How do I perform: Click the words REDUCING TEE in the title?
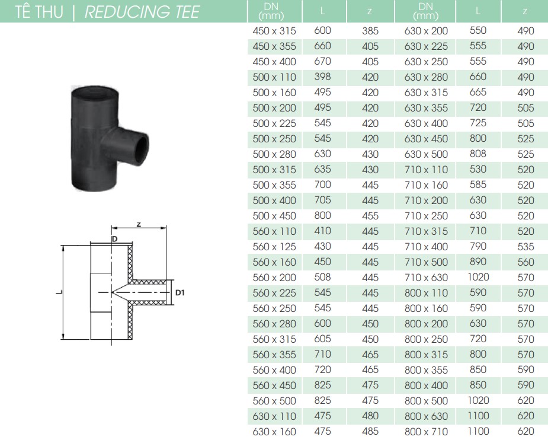[142, 11]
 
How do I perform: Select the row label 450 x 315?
[274, 31]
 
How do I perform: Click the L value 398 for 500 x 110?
[322, 77]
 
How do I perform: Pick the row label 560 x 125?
[274, 247]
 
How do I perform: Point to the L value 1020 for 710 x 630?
[478, 277]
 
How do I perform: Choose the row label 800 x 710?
[426, 432]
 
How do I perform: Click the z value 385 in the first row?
[370, 31]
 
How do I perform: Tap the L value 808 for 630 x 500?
[478, 154]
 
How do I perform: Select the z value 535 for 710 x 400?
[525, 247]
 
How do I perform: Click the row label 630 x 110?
[274, 416]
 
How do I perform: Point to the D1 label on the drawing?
[180, 292]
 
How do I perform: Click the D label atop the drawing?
[114, 239]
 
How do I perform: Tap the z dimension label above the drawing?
[139, 224]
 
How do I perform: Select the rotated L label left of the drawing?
[59, 292]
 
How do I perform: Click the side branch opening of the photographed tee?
[142, 144]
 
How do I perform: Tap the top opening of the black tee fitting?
[94, 92]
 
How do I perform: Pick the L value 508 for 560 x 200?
[322, 277]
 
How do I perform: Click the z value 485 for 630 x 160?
[370, 432]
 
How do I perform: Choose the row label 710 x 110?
[426, 170]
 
